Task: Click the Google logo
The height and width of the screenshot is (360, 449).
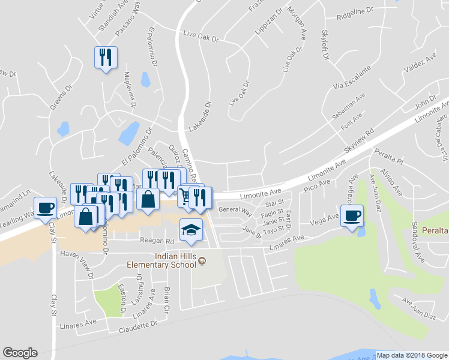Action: [20, 353]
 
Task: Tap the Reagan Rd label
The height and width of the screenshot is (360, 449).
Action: [157, 241]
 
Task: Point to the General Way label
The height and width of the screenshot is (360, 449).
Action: [235, 210]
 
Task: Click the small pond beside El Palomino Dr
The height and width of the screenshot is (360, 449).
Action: [145, 79]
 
